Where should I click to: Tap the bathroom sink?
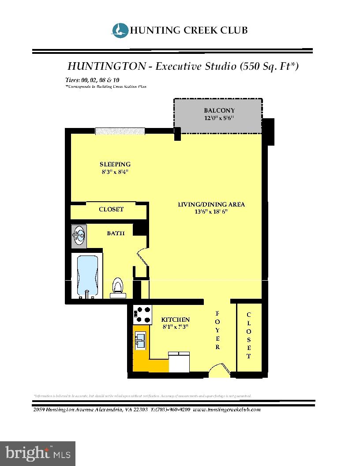point(79,235)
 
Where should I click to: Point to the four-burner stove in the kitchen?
point(142,315)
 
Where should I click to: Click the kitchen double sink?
point(140,339)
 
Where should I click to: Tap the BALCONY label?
point(219,110)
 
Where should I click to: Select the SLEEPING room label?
point(115,164)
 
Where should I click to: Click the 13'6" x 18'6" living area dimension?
point(211,212)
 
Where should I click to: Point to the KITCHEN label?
point(175,319)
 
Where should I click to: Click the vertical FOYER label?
point(217,331)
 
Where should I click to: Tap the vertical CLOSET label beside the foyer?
point(249,335)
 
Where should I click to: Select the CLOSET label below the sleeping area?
point(111,209)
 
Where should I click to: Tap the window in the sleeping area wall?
point(120,131)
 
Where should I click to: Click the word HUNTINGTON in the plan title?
point(106,66)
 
